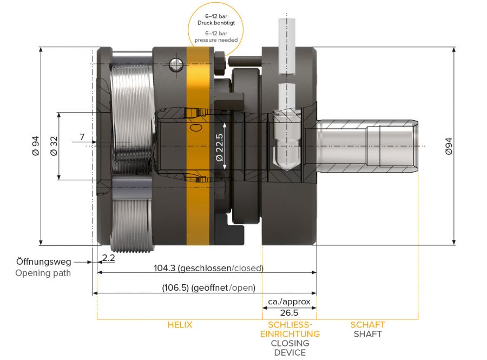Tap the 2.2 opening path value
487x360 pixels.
pyautogui.click(x=109, y=258)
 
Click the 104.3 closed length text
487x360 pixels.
pyautogui.click(x=208, y=269)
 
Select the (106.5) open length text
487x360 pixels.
pyautogui.click(x=208, y=288)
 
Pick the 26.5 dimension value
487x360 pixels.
pyautogui.click(x=289, y=313)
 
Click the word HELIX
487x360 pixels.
pyautogui.click(x=179, y=325)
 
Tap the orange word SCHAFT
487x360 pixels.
pyautogui.click(x=367, y=325)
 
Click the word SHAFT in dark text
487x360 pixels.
pyautogui.click(x=367, y=334)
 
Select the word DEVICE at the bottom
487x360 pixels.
pyautogui.click(x=289, y=352)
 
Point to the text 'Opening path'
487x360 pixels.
pyautogui.click(x=43, y=273)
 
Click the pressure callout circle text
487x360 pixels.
pyautogui.click(x=216, y=28)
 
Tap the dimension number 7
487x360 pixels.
pyautogui.click(x=82, y=138)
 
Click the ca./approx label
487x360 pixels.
pyautogui.click(x=289, y=302)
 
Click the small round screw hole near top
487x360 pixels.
pyautogui.click(x=176, y=65)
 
